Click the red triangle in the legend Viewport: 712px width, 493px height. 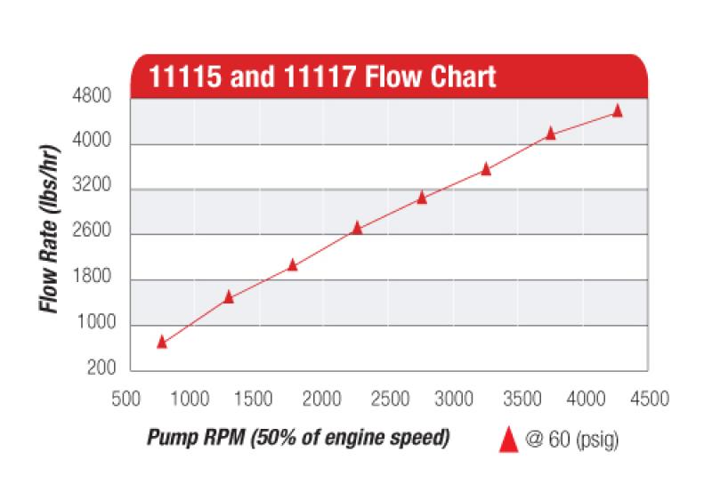click(509, 438)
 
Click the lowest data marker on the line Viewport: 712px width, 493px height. click(162, 342)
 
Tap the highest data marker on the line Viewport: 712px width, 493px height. click(618, 111)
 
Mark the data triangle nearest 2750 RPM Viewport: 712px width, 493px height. click(422, 198)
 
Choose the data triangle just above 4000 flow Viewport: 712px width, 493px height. click(550, 133)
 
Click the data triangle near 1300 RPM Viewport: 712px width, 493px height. click(229, 297)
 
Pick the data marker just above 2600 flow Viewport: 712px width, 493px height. click(357, 228)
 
